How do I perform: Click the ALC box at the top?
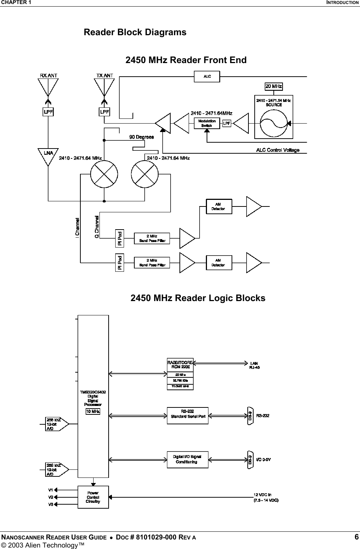(207, 77)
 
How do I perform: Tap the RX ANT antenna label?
(48, 76)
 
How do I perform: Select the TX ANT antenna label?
(105, 76)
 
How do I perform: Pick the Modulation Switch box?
(207, 123)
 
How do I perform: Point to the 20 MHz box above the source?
(274, 87)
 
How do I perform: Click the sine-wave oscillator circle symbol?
(274, 122)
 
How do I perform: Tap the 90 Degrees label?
(141, 137)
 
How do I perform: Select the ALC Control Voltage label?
(277, 150)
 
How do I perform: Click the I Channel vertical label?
(78, 228)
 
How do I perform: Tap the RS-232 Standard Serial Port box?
(188, 416)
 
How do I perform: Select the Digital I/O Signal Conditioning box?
(188, 459)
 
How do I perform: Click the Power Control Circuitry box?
(93, 497)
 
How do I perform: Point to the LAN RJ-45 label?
(255, 365)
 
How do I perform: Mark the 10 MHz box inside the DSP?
(93, 411)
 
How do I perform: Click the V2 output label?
(51, 497)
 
